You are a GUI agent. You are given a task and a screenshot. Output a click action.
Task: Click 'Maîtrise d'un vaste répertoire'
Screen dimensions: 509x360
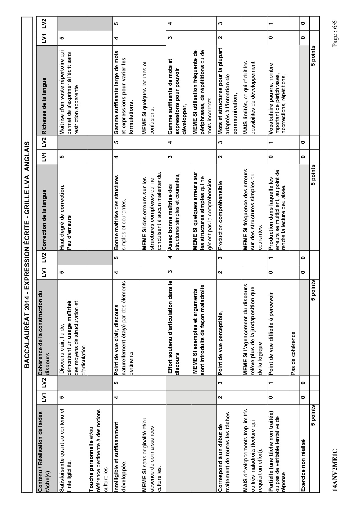click(62, 102)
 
